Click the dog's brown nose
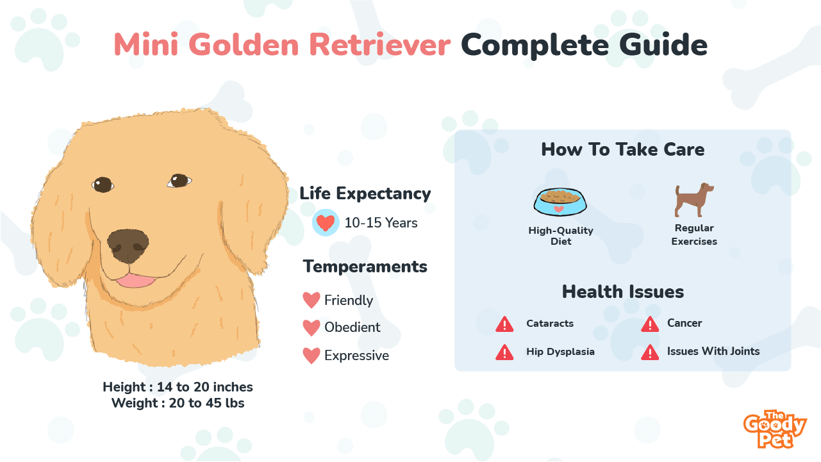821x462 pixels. click(x=128, y=246)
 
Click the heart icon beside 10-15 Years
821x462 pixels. click(x=326, y=222)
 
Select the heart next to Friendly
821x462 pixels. click(x=311, y=300)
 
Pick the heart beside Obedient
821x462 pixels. click(x=311, y=327)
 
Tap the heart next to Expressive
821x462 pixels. click(x=311, y=356)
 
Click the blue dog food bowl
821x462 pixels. click(x=560, y=202)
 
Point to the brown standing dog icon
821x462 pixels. click(x=694, y=200)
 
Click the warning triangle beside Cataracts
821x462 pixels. click(x=504, y=324)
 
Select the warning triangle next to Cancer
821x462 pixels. click(x=650, y=324)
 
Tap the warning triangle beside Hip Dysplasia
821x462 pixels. click(x=504, y=352)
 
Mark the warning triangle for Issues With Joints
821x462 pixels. click(x=650, y=352)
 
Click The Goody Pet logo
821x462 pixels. click(x=775, y=429)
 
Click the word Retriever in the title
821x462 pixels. click(x=379, y=45)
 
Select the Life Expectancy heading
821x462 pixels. click(x=365, y=194)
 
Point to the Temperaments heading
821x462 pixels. click(x=365, y=267)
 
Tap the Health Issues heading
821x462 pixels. click(x=623, y=292)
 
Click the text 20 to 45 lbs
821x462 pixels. click(x=206, y=403)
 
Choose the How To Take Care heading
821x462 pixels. click(x=623, y=149)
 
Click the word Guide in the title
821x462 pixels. click(x=663, y=45)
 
